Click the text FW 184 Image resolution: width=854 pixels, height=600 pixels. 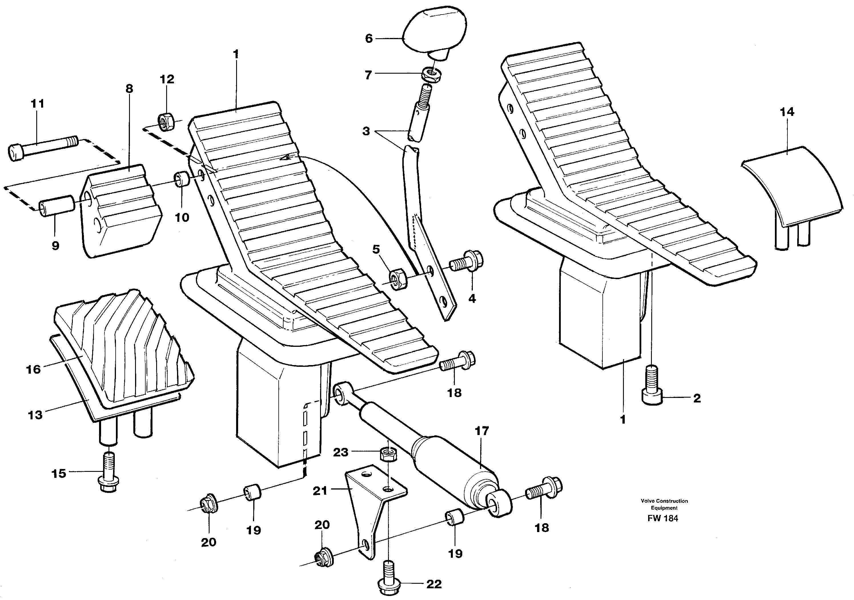click(x=662, y=518)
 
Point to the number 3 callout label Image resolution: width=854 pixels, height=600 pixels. click(x=366, y=132)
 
